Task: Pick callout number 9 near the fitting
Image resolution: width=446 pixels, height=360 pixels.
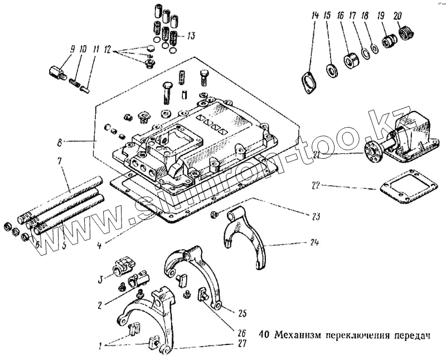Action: (72, 50)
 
